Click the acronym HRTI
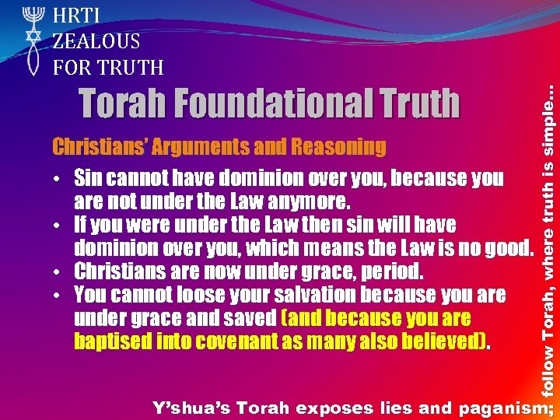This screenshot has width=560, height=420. click(77, 15)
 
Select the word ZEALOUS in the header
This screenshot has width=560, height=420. click(96, 41)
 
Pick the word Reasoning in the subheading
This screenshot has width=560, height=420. click(338, 146)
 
